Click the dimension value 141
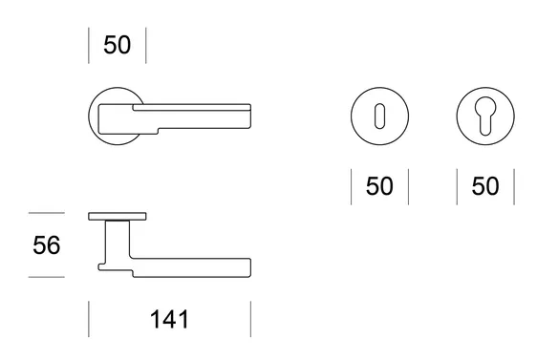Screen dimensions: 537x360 coord(169,319)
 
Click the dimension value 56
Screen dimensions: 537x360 coord(47,245)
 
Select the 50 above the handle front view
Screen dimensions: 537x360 coord(118,45)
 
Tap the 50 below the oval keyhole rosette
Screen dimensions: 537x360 coord(379,186)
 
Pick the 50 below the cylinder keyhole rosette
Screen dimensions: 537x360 coord(485,186)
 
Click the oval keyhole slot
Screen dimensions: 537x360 coord(379,116)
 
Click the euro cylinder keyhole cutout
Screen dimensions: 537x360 coord(485,116)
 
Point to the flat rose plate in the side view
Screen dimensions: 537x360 coord(118,216)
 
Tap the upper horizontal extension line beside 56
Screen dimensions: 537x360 coord(47,213)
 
